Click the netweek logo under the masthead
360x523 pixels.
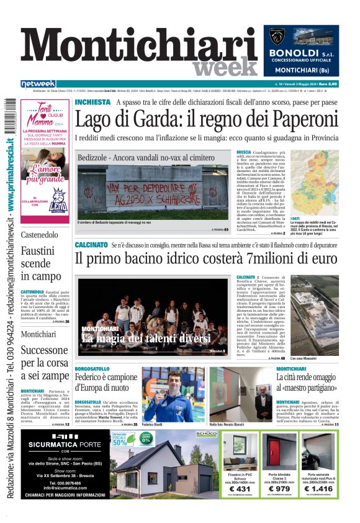(38, 84)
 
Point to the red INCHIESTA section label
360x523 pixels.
(92, 102)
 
